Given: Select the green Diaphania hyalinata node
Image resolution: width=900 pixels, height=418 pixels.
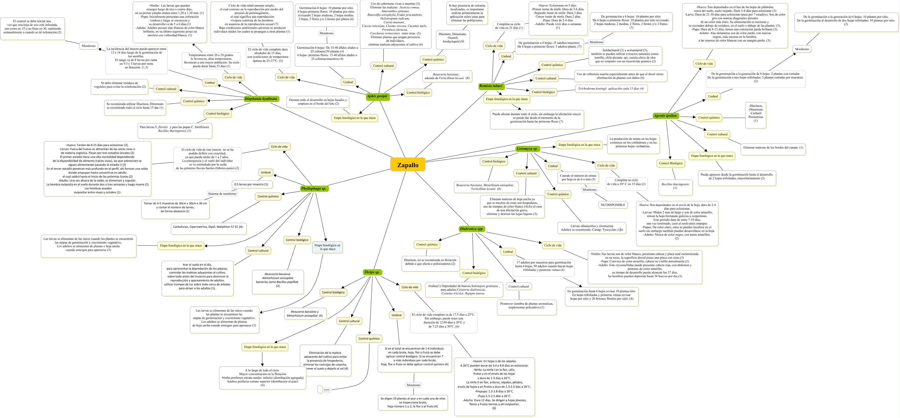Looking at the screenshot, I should pyautogui.click(x=261, y=99).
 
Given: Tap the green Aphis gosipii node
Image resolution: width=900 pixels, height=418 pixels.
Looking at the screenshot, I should pyautogui.click(x=377, y=96).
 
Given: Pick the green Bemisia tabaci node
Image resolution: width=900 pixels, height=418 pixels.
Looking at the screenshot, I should pyautogui.click(x=491, y=86).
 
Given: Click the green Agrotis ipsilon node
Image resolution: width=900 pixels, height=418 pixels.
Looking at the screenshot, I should pyautogui.click(x=665, y=116).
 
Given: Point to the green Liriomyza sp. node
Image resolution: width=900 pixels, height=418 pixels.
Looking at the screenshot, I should pyautogui.click(x=527, y=149).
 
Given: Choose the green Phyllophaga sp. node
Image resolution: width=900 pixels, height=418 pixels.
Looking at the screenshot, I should pyautogui.click(x=314, y=189).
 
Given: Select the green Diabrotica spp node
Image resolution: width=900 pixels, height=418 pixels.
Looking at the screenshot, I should pyautogui.click(x=471, y=229).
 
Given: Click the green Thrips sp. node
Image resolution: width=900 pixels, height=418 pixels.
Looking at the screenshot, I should pyautogui.click(x=372, y=272).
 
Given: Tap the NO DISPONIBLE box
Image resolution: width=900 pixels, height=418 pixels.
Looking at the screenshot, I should pyautogui.click(x=613, y=205).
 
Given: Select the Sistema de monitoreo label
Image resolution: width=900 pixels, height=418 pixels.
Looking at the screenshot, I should pyautogui.click(x=222, y=194).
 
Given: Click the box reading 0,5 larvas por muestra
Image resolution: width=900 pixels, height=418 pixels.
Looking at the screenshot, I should pyautogui.click(x=251, y=184).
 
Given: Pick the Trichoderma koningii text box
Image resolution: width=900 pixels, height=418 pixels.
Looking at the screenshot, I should pyautogui.click(x=611, y=89).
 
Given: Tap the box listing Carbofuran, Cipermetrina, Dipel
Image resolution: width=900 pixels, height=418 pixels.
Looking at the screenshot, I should pyautogui.click(x=208, y=227).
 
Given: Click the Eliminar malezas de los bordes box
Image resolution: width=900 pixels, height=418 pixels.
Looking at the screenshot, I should pyautogui.click(x=773, y=148).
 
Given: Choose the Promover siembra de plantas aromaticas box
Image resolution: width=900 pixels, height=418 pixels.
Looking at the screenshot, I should pyautogui.click(x=527, y=305).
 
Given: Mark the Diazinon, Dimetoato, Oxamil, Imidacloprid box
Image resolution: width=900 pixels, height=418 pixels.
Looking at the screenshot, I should pyautogui.click(x=453, y=38).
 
